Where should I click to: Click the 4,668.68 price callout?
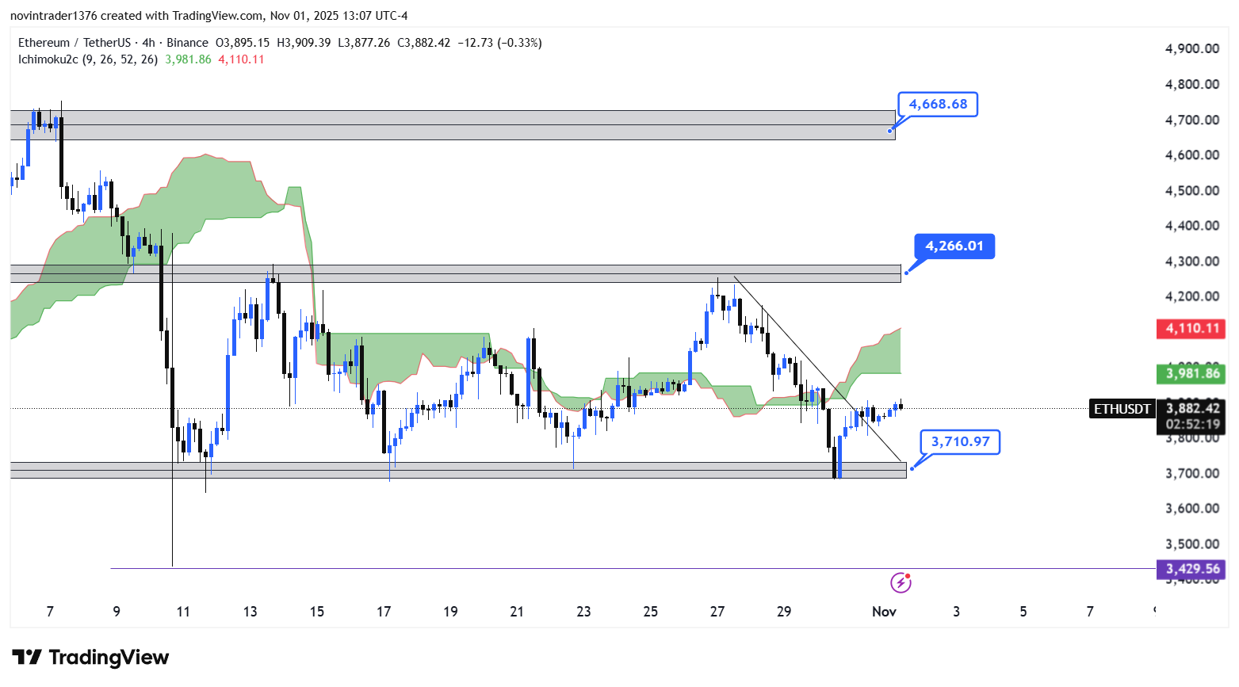[x=938, y=105]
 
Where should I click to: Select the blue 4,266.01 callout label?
[x=954, y=246]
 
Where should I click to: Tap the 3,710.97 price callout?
[x=960, y=442]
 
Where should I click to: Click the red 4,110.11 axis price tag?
[x=1191, y=328]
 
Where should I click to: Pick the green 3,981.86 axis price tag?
[x=1191, y=373]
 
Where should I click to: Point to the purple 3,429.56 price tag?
[x=1191, y=569]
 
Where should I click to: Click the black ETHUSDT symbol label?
[x=1122, y=409]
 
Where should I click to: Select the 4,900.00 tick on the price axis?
[x=1191, y=48]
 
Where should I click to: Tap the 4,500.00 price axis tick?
[x=1191, y=190]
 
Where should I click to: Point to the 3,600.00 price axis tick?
[x=1191, y=509]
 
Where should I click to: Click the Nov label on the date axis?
[x=884, y=611]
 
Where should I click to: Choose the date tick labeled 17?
[x=384, y=611]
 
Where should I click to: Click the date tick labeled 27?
[x=717, y=611]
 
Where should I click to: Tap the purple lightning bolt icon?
[x=901, y=583]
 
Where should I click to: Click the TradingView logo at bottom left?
[x=90, y=658]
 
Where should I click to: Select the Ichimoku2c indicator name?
[x=48, y=59]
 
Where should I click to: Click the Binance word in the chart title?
[x=187, y=43]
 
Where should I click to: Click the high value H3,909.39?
[x=304, y=43]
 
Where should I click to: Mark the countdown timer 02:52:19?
[x=1192, y=425]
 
